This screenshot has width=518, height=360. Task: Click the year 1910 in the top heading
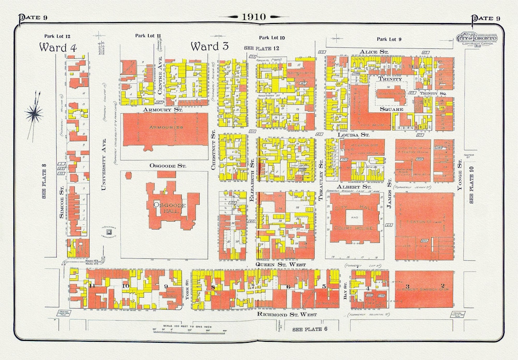coord(253,17)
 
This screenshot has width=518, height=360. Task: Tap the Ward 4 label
coord(58,47)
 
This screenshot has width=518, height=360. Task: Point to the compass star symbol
coord(34,114)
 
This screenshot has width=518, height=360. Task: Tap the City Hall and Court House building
coord(355,218)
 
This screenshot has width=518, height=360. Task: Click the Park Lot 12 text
coord(57,36)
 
